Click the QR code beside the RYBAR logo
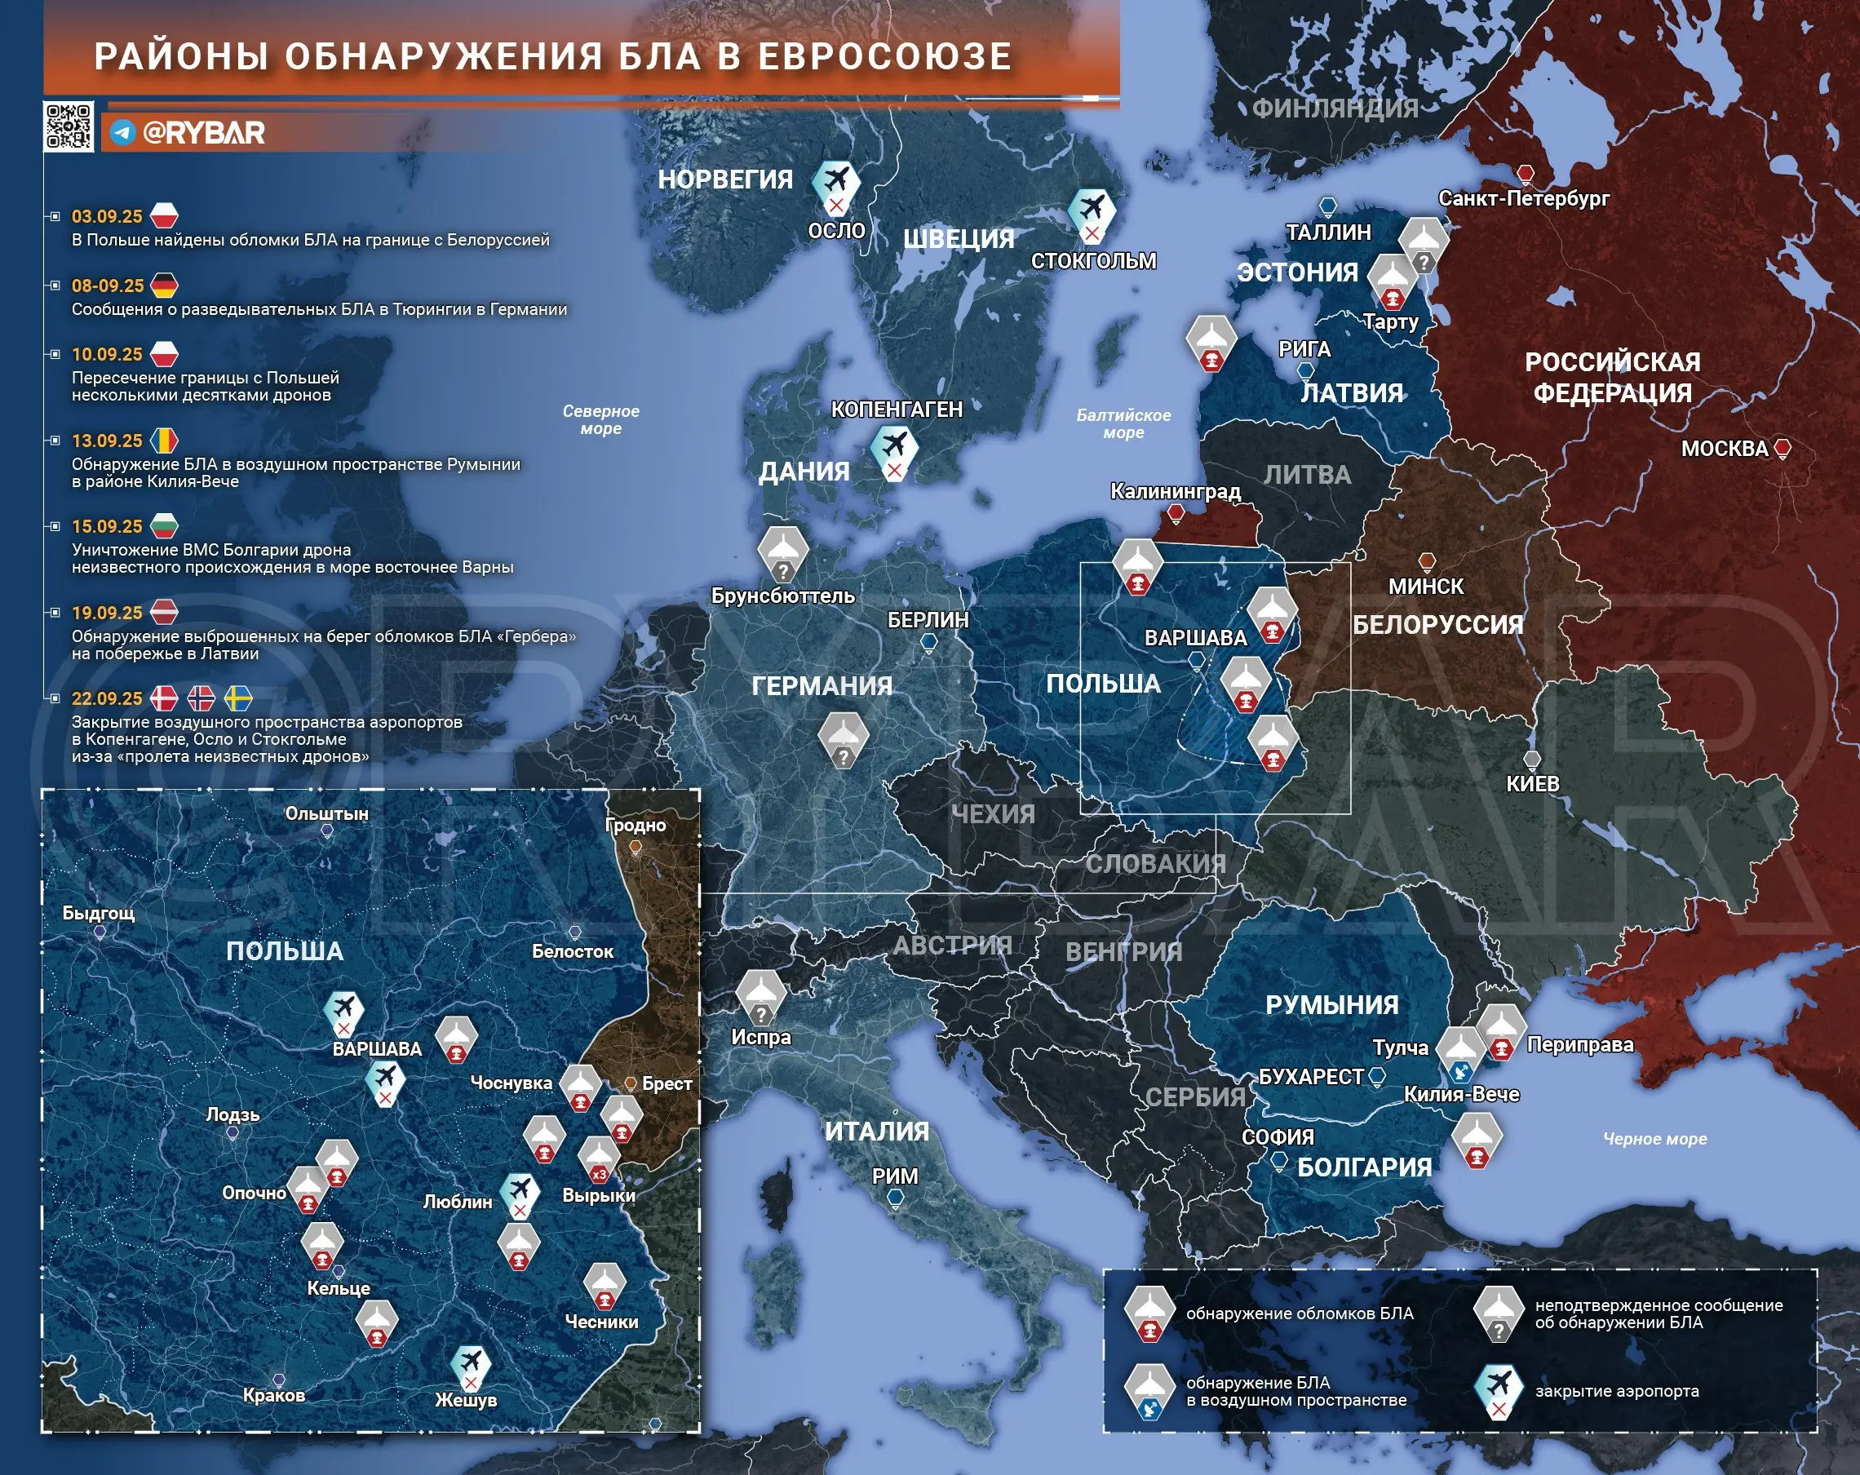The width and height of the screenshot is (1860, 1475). tap(69, 126)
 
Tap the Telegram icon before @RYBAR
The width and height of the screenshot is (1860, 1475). tap(122, 133)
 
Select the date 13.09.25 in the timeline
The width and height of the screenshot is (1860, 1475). tap(107, 441)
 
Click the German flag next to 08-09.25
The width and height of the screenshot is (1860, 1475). tap(164, 286)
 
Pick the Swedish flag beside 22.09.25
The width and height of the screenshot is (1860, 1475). tap(238, 698)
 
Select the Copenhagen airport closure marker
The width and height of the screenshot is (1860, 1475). tap(894, 452)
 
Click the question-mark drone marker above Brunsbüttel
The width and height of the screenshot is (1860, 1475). tap(782, 553)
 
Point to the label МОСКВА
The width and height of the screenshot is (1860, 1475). tap(1724, 449)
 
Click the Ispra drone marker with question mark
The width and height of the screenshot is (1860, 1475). tap(760, 996)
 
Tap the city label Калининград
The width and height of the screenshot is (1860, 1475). tap(1175, 492)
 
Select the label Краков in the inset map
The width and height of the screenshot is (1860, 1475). tap(273, 1396)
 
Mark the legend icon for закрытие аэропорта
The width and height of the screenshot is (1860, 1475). tap(1499, 1391)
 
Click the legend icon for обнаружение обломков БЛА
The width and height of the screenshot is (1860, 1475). tap(1149, 1313)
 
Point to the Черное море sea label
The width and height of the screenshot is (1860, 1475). tap(1654, 1139)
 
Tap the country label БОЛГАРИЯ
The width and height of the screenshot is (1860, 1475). tap(1364, 1167)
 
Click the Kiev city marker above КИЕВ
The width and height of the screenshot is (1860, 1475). tap(1531, 760)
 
